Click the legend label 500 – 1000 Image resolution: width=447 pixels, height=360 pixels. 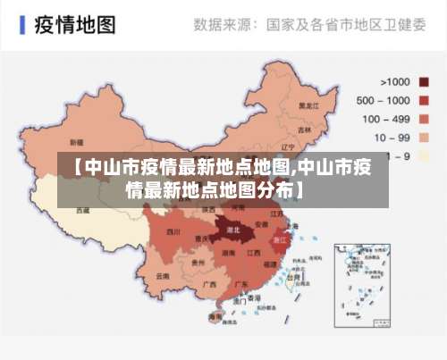tap(383, 100)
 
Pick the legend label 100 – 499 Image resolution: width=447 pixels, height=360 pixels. tap(383, 119)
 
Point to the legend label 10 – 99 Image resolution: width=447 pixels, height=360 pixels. tap(390, 138)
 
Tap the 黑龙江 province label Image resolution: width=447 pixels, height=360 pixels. tap(308, 105)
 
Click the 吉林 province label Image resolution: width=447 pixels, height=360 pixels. tap(304, 130)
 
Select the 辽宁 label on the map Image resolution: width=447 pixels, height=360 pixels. tap(288, 147)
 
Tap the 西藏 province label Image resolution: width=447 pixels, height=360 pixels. tap(82, 211)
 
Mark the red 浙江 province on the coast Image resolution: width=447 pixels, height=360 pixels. tap(279, 239)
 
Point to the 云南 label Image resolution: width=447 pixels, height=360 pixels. tap(162, 277)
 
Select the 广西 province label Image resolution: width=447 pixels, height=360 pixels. tap(209, 284)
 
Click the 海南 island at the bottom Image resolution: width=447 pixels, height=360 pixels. tap(215, 317)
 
